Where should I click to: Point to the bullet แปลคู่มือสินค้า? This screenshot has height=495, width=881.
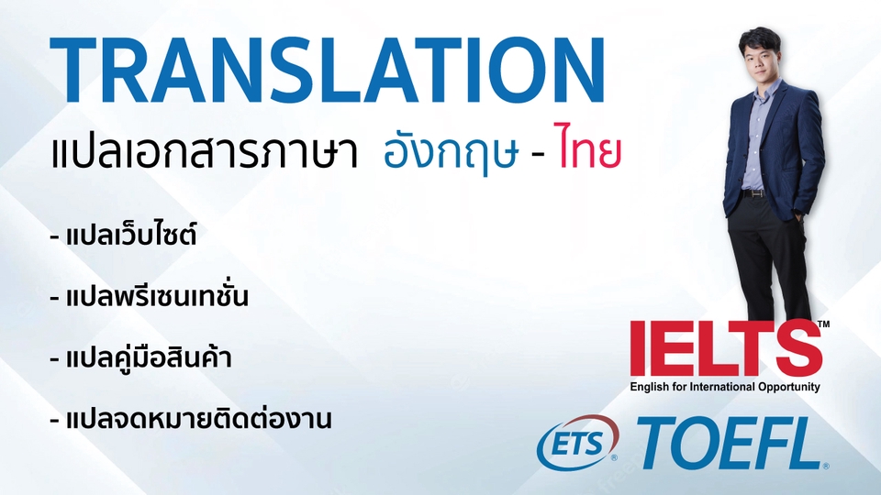(x=148, y=358)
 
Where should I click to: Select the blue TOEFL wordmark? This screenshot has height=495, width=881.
(x=730, y=445)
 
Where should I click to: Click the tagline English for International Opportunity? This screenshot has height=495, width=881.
(x=725, y=387)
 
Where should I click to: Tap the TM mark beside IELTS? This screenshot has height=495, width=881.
(x=823, y=324)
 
